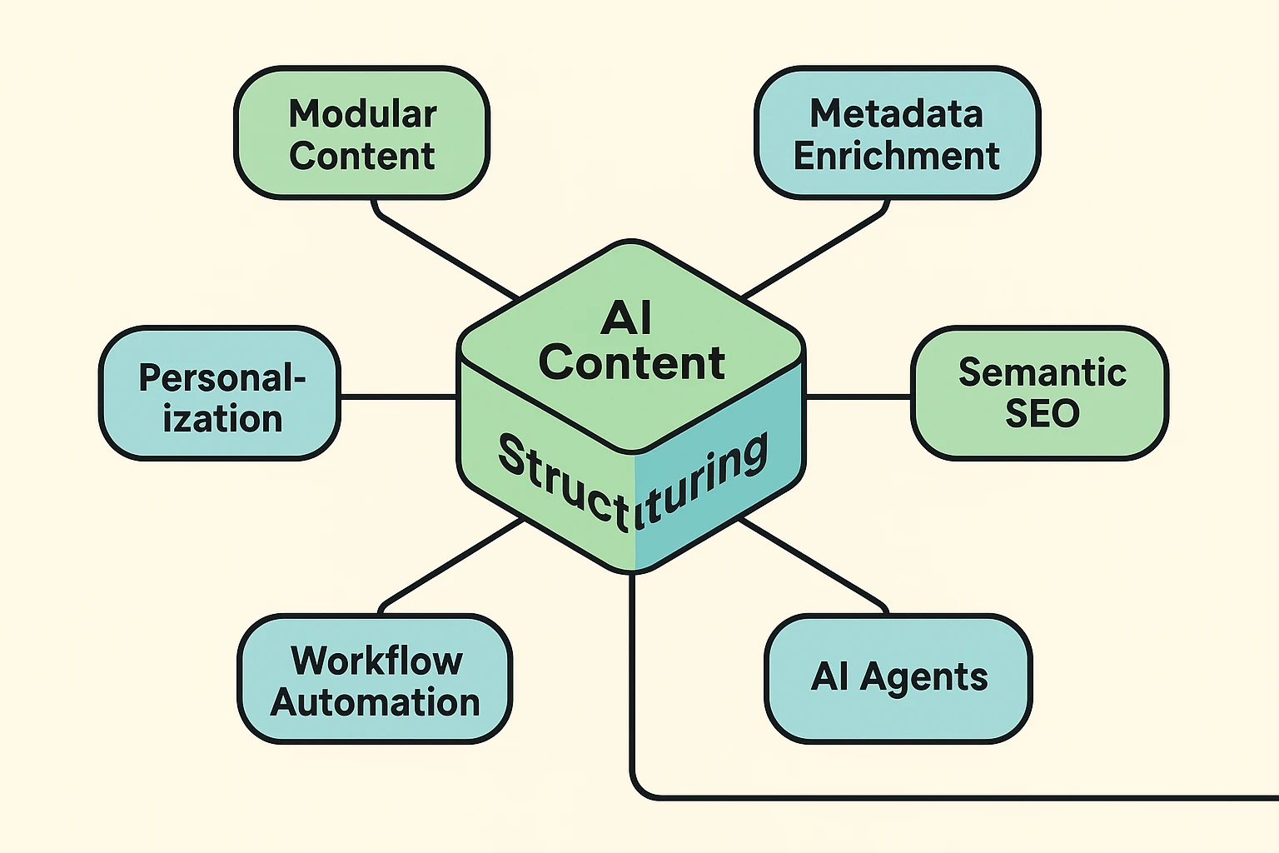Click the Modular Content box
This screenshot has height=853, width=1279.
click(361, 133)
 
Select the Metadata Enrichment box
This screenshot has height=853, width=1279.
click(897, 133)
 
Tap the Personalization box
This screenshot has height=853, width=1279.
click(220, 393)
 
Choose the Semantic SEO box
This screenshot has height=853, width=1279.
click(1040, 393)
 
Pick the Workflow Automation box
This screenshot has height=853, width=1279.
click(375, 679)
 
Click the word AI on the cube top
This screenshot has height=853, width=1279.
click(626, 318)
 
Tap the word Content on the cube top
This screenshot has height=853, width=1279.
click(631, 363)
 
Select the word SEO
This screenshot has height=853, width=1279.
click(1042, 414)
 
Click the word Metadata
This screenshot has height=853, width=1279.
click(896, 113)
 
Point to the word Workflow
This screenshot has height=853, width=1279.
click(376, 661)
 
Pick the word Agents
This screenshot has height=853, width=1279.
click(924, 677)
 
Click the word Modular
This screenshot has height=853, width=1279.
click(362, 113)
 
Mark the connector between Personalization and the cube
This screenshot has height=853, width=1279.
click(398, 397)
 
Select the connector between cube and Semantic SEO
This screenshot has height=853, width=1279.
click(858, 397)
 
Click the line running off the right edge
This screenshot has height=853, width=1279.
click(958, 798)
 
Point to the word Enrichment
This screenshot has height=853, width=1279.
click(896, 156)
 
